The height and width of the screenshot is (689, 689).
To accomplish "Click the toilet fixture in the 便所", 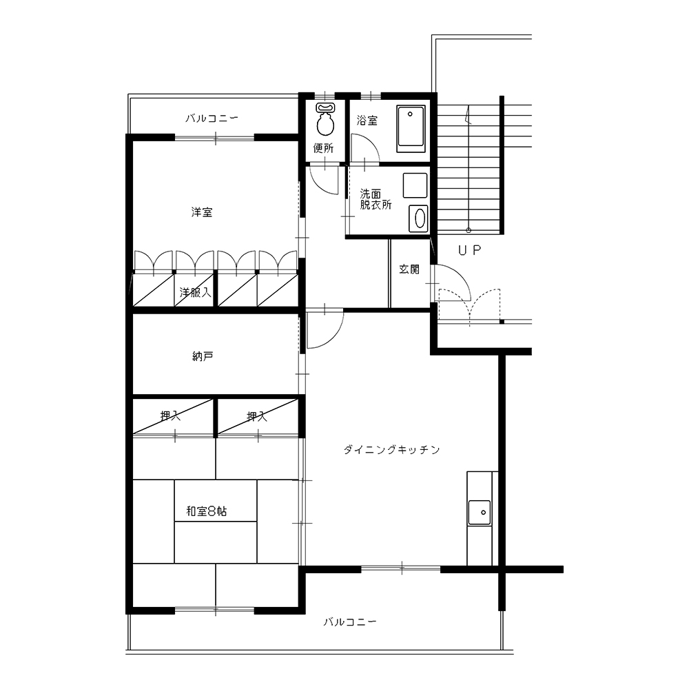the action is [325, 119].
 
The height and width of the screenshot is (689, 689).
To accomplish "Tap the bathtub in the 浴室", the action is [411, 128].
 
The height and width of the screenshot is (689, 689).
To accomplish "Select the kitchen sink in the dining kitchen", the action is [480, 513].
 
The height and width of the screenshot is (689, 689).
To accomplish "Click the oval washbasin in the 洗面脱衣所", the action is [419, 218].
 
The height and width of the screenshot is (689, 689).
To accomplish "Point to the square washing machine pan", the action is [415, 185].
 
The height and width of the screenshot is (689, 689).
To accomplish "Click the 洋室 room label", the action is [202, 212].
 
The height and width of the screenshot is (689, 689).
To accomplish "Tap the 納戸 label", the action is [203, 356].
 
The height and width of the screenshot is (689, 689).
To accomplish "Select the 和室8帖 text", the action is [207, 511].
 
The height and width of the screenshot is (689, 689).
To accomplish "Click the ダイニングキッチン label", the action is [391, 449].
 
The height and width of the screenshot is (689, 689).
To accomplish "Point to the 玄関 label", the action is [409, 269].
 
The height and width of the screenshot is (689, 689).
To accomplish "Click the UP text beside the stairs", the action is [470, 250].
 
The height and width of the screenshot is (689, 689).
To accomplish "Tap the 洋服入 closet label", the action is [195, 292].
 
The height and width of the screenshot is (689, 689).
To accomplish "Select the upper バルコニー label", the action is [212, 118].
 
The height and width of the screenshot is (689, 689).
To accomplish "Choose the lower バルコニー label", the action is [350, 621].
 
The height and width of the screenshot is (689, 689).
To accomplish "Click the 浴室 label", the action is [367, 120].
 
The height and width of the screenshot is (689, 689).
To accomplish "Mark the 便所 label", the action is [323, 148].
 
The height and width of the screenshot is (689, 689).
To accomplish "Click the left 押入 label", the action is [170, 415].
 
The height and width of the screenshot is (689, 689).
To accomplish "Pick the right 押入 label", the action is [256, 415].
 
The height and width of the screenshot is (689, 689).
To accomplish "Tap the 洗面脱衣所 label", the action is [376, 199].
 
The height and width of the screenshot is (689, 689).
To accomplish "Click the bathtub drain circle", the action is [410, 114].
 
